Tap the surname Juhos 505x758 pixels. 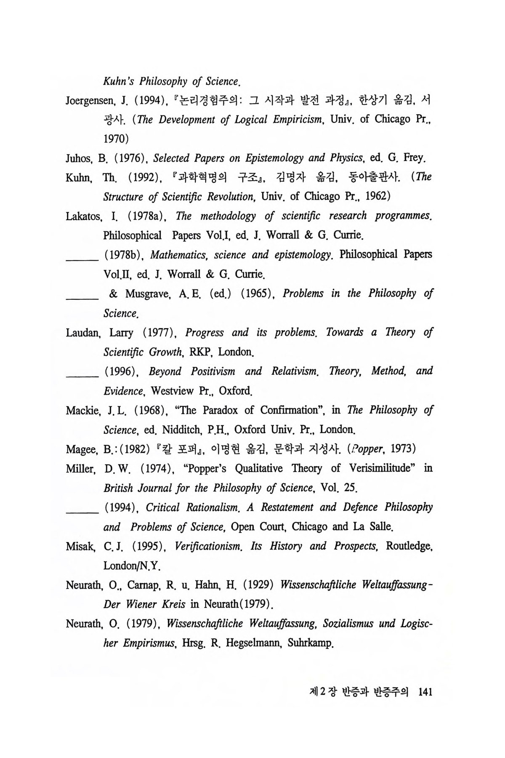click(78, 158)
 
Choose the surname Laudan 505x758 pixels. click(82, 333)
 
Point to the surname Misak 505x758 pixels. click(79, 547)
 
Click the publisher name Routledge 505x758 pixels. click(409, 547)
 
